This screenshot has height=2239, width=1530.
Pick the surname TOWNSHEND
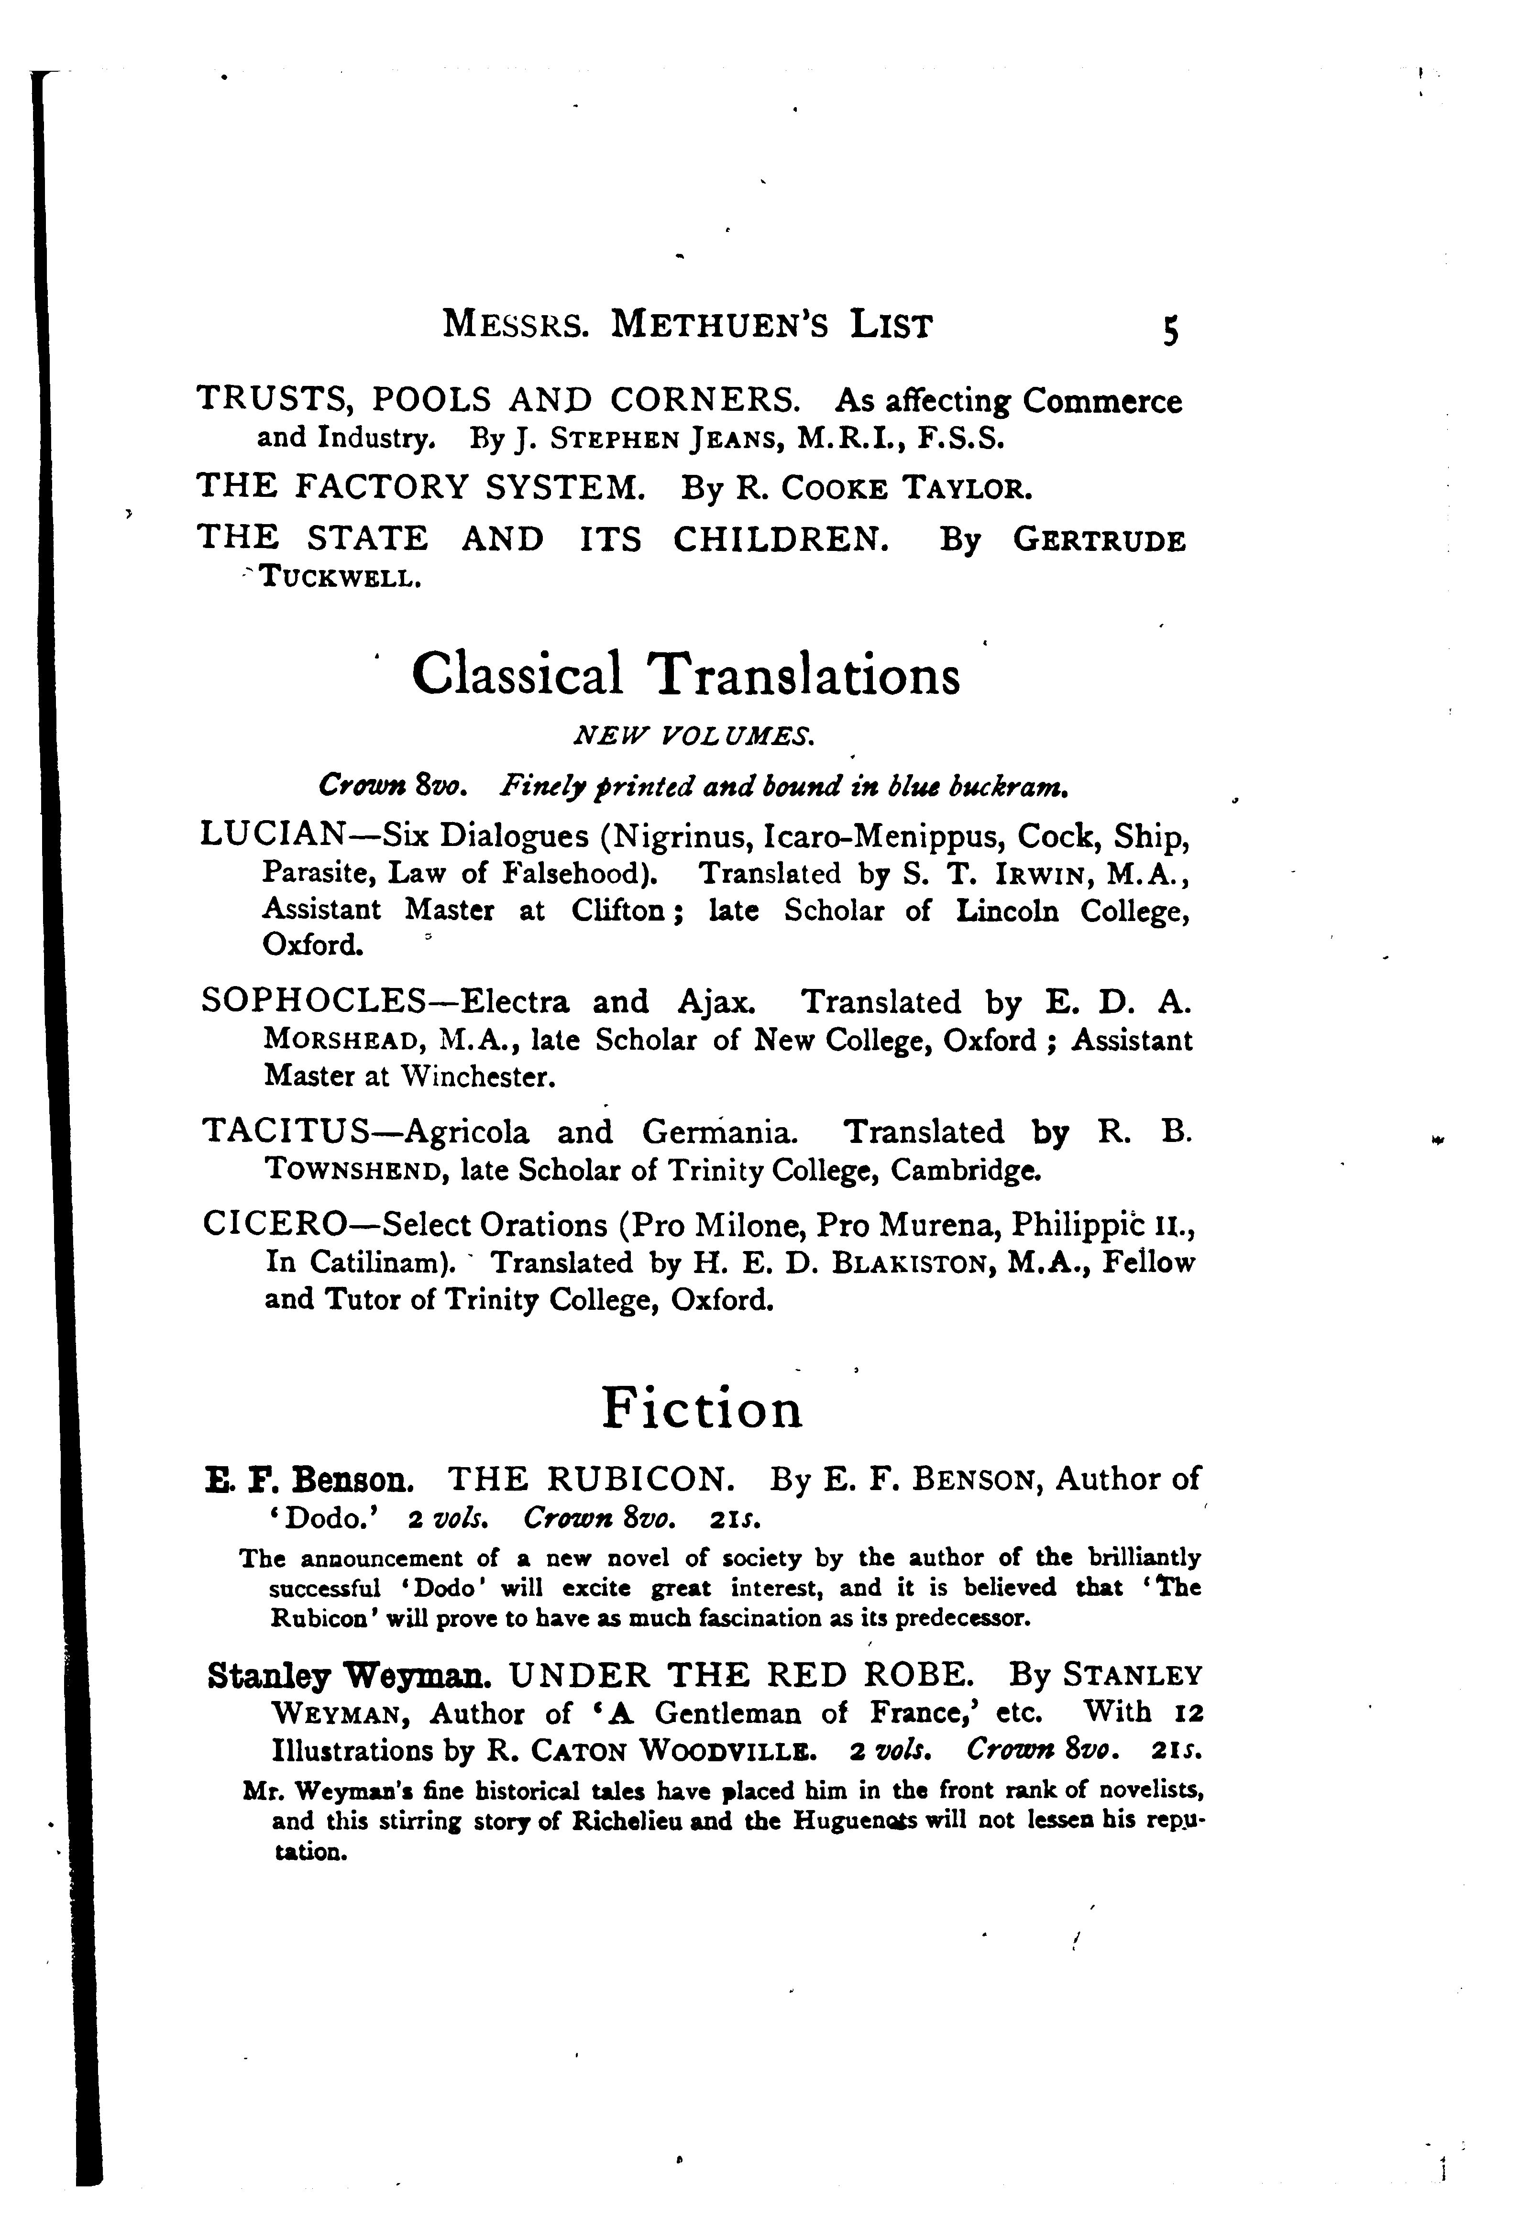[353, 1171]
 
